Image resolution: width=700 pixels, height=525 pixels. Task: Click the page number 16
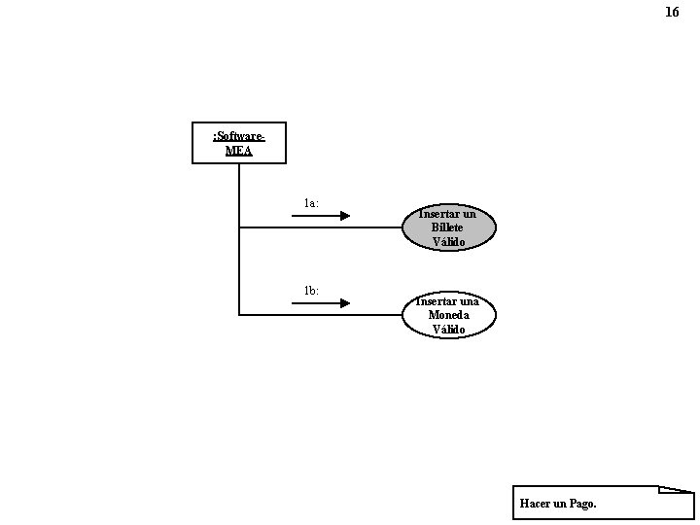672,13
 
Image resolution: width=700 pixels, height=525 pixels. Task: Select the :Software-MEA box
239,143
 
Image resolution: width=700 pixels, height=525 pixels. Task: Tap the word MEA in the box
239,151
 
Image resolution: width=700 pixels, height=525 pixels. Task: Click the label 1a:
311,203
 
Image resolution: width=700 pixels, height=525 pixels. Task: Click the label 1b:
311,291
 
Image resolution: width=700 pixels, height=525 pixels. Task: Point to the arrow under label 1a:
321,216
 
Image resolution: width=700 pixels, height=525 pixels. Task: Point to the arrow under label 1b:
321,303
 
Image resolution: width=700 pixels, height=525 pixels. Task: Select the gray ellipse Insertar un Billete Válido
448,227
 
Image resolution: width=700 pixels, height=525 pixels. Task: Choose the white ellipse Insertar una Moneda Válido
448,315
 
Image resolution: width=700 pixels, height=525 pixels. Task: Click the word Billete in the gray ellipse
448,227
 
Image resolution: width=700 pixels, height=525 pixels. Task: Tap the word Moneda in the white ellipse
448,315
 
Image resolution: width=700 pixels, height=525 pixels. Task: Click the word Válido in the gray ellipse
449,241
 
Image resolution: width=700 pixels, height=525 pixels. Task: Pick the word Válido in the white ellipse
449,330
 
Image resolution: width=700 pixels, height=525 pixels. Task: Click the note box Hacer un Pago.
603,503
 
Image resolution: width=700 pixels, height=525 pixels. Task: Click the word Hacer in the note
536,504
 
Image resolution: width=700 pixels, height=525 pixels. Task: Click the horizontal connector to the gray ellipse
321,227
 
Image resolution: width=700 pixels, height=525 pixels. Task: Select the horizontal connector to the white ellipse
321,315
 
